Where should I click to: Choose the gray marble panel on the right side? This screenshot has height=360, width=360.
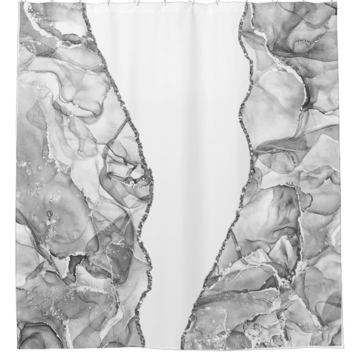pos(299,170)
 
